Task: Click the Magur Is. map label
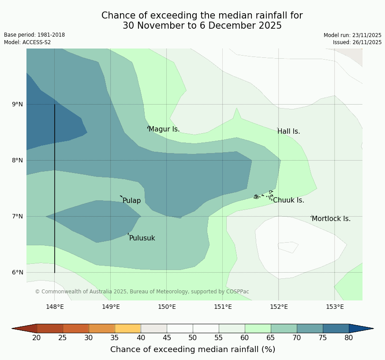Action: point(164,129)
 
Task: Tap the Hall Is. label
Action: point(289,131)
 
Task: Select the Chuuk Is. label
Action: point(288,200)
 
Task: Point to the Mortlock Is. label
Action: point(331,219)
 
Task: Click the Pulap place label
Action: point(131,201)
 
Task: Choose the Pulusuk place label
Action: point(142,238)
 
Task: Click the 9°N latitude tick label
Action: point(18,104)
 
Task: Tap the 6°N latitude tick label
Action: point(18,272)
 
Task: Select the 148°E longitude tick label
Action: point(55,307)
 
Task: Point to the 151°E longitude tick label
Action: point(223,307)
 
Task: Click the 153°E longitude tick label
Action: point(335,307)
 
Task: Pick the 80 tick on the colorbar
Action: point(349,338)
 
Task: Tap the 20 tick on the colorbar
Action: point(37,338)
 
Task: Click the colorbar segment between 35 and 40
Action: point(127,328)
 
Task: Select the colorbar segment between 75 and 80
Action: point(336,328)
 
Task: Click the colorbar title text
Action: point(193,349)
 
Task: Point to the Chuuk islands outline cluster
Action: point(264,195)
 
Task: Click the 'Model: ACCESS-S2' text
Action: point(27,42)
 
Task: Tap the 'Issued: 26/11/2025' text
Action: point(357,42)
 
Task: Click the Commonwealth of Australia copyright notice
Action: point(142,292)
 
